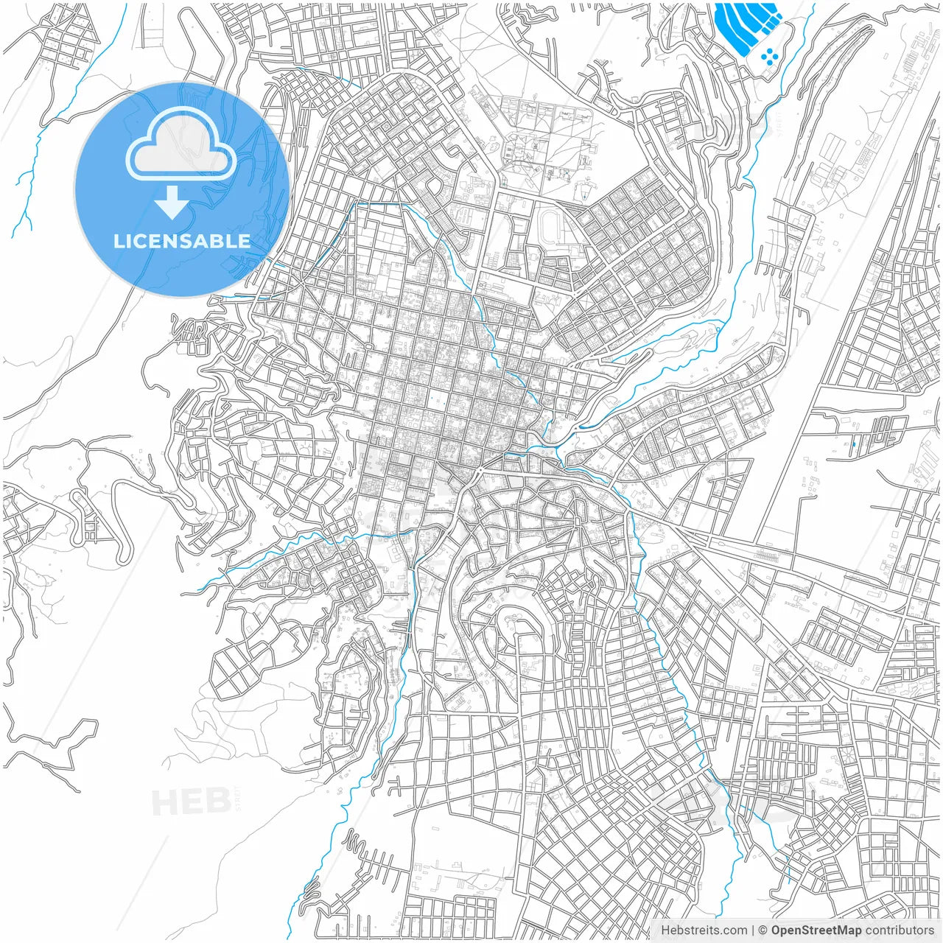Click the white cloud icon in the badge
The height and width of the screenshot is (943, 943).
tap(181, 148)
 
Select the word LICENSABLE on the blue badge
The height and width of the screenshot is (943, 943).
tap(181, 241)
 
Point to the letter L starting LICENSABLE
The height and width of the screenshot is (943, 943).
tap(118, 241)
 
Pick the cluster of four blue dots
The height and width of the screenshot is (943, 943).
tap(769, 57)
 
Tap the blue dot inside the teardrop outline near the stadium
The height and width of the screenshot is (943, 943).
tap(583, 193)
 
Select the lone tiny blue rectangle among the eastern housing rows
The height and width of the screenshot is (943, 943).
tap(853, 444)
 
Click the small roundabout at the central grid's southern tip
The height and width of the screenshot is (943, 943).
tap(479, 469)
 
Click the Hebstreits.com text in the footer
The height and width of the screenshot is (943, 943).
tap(704, 930)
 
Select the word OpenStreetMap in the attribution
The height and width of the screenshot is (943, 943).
tap(816, 930)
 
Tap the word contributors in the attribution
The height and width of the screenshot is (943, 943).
tap(899, 930)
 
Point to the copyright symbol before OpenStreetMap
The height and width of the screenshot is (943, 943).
tap(763, 930)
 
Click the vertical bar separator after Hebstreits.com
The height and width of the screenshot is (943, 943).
tap(753, 930)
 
